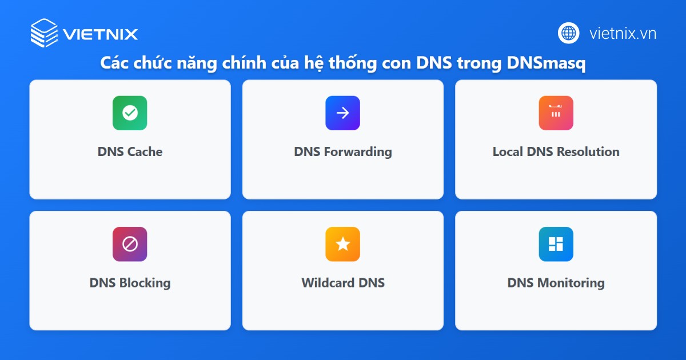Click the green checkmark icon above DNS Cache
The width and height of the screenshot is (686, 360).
[x=130, y=113]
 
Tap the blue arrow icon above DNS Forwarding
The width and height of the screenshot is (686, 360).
[x=342, y=113]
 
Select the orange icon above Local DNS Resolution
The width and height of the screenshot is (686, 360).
[x=556, y=113]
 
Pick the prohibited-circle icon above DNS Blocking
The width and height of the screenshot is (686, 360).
[x=130, y=244]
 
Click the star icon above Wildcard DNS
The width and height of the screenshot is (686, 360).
[x=342, y=244]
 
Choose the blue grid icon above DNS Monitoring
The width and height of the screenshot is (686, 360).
[x=556, y=244]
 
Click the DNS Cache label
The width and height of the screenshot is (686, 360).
[x=130, y=152]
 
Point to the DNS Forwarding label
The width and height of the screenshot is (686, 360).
[x=343, y=152]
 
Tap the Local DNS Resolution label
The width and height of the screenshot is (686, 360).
[x=556, y=152]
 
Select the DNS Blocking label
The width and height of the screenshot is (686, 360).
[x=130, y=283]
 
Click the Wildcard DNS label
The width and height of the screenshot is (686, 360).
[x=343, y=283]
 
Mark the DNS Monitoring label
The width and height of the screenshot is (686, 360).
[x=556, y=283]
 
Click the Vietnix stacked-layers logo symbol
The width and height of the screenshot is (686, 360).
[x=44, y=33]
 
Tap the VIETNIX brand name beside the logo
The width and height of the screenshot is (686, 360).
[x=101, y=34]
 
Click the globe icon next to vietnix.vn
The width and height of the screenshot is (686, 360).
[x=569, y=33]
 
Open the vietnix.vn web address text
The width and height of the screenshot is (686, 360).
[x=623, y=33]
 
